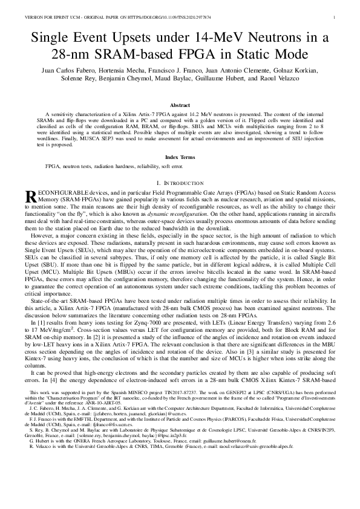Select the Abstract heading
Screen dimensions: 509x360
(180, 105)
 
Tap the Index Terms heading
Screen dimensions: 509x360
(180, 157)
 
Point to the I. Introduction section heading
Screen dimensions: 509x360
(180, 183)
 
